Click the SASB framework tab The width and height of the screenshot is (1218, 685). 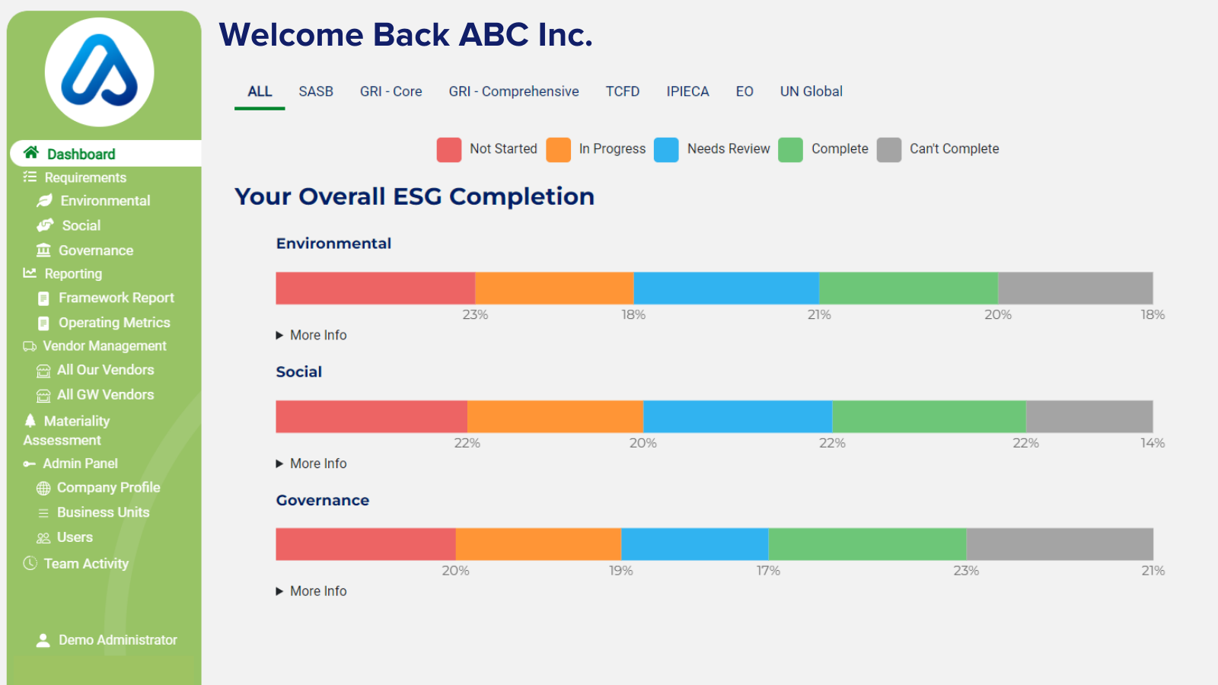(316, 91)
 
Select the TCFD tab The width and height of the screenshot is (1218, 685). (622, 91)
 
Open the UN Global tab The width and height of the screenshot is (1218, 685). (811, 91)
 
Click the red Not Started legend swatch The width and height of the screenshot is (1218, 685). (449, 150)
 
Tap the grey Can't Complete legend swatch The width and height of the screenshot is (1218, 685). (888, 150)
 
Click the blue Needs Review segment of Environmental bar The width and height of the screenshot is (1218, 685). (726, 288)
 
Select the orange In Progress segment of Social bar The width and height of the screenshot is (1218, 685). (555, 417)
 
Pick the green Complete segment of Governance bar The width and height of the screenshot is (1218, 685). (867, 545)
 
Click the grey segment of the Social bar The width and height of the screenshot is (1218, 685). (1089, 417)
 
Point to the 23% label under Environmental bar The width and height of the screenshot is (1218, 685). (475, 314)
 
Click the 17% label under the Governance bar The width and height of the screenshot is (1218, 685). (768, 571)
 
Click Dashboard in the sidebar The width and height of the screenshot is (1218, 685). (81, 154)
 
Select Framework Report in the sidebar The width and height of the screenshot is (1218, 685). (116, 298)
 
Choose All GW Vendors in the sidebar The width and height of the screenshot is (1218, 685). (105, 394)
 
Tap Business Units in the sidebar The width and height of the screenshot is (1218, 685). (103, 512)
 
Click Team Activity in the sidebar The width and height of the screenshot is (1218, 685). (86, 563)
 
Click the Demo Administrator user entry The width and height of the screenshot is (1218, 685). (117, 640)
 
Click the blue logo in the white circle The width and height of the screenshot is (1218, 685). (100, 72)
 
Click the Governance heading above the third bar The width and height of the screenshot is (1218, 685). (322, 500)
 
